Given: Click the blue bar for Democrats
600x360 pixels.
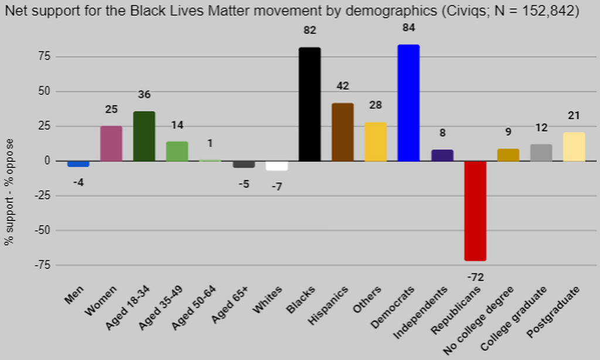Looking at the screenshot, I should [408, 103].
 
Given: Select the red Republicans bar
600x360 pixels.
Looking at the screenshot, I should [475, 210].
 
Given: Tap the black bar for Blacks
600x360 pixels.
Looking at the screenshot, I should [310, 104].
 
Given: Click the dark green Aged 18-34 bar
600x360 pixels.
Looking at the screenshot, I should [144, 136].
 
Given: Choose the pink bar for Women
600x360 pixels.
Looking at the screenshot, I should [111, 144].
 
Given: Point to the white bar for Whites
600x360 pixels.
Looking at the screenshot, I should [277, 166].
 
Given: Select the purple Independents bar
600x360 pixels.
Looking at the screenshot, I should [442, 155].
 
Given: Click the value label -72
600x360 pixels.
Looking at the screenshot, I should [475, 277].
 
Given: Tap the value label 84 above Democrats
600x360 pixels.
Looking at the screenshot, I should [408, 28].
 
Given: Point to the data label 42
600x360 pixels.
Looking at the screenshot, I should [343, 86].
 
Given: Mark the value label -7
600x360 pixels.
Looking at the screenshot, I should [277, 187].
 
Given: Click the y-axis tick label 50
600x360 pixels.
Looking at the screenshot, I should [45, 91].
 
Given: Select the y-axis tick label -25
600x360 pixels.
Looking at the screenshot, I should [42, 196].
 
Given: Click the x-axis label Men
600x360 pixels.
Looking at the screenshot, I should [75, 294].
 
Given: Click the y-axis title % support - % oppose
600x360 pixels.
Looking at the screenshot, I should [9, 192].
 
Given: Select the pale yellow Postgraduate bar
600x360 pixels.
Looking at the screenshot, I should [574, 147].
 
